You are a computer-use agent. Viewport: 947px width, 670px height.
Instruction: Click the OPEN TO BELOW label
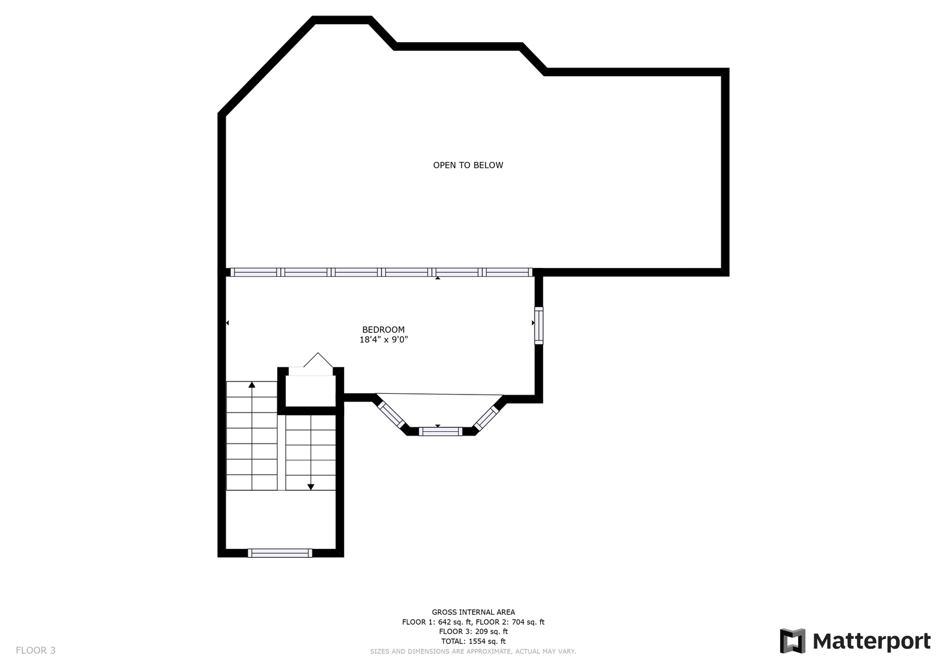[x=468, y=166]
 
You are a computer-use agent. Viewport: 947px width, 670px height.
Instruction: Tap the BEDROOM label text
[x=383, y=329]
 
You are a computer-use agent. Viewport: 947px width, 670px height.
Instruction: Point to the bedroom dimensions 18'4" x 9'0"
[x=383, y=339]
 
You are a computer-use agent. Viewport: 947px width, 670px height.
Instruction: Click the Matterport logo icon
[x=793, y=641]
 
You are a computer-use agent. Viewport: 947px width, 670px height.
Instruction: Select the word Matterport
[x=872, y=641]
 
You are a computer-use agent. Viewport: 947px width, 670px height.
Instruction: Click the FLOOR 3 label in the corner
[x=35, y=650]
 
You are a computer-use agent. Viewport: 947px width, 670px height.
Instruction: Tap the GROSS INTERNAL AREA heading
[x=473, y=612]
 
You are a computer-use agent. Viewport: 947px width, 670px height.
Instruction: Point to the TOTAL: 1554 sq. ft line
[x=473, y=641]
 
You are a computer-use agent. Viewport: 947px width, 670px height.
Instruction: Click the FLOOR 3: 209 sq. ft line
[x=473, y=632]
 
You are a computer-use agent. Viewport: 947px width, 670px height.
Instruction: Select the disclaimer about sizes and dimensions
[x=473, y=651]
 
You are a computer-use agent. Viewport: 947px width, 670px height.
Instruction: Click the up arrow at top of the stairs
[x=252, y=385]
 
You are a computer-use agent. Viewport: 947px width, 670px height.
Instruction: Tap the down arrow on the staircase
[x=311, y=487]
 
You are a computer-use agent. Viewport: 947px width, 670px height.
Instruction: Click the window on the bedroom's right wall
[x=538, y=325]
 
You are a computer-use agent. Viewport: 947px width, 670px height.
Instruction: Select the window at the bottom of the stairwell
[x=280, y=553]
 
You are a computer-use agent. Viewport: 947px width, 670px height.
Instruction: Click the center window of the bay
[x=440, y=431]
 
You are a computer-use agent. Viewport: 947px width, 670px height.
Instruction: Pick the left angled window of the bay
[x=391, y=414]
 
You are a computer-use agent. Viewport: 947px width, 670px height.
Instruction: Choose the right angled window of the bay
[x=486, y=418]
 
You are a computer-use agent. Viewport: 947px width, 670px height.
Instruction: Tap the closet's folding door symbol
[x=318, y=360]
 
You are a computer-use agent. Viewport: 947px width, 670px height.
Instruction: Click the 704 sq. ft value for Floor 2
[x=528, y=622]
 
